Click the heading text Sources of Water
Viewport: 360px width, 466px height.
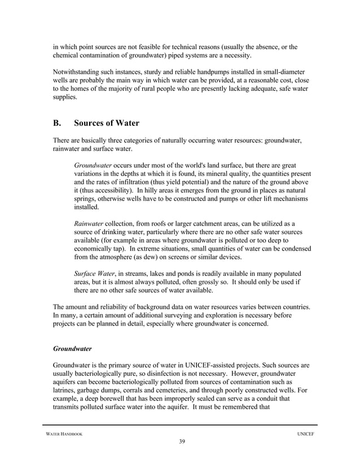point(107,123)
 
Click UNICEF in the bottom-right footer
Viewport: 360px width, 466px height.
point(305,432)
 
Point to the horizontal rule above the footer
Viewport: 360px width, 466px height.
point(180,424)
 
